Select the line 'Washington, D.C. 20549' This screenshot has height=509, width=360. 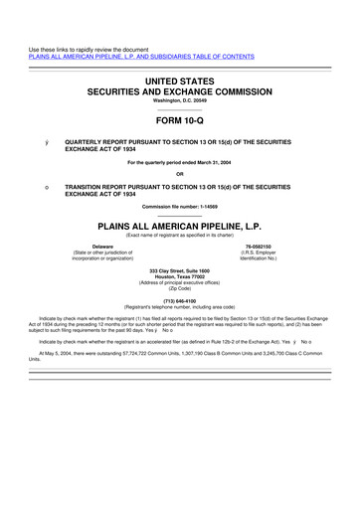pos(179,99)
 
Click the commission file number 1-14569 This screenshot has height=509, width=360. pos(198,207)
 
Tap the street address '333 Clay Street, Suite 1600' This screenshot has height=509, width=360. pos(179,272)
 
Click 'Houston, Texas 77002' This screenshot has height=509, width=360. pos(179,279)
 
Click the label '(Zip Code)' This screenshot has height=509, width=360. pos(179,287)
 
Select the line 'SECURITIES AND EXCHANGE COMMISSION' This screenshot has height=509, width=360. pos(179,88)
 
